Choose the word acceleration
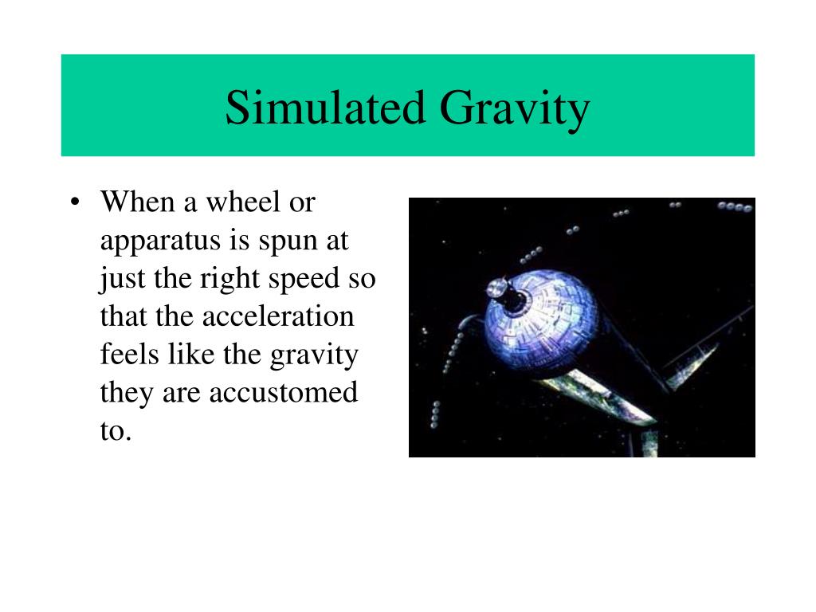coord(277,316)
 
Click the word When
coord(138,202)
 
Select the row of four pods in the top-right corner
coord(734,207)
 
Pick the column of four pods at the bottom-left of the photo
coord(435,414)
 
